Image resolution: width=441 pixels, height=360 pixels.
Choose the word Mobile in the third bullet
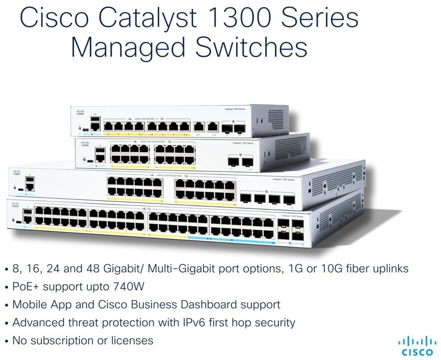[x=29, y=305]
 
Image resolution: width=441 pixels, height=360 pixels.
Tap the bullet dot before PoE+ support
[x=6, y=287]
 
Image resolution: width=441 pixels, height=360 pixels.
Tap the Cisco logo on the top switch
[x=80, y=113]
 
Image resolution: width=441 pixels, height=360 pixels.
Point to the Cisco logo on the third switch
[x=17, y=173]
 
